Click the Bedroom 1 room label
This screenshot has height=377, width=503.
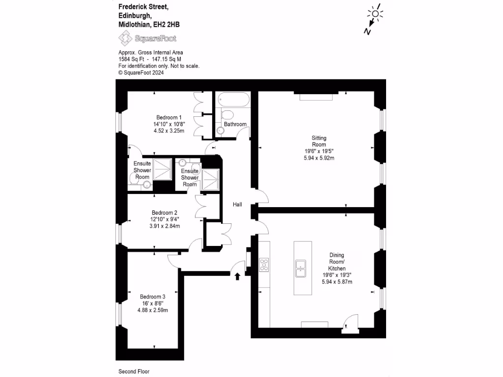point(169,117)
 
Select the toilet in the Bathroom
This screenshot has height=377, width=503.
point(227,115)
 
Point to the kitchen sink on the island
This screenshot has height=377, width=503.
point(300,268)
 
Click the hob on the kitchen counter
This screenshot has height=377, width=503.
point(264,265)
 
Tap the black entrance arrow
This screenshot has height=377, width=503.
point(238,276)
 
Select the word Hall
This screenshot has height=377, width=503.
point(237,205)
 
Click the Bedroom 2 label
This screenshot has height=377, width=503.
point(165,213)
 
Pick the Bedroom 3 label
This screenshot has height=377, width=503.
point(152,296)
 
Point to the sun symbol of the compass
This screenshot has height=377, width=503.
point(376,14)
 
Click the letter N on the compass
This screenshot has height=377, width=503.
point(366,31)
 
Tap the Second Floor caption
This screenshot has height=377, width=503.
point(134,372)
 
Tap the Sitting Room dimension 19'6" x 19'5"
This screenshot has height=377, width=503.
point(319,152)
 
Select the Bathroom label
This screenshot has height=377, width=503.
point(235,124)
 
